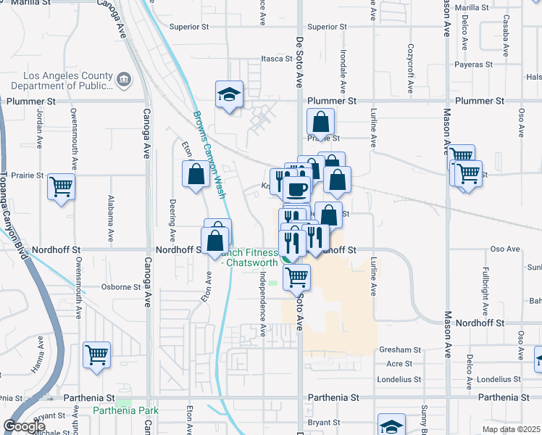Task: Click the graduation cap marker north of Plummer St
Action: pyautogui.click(x=229, y=94)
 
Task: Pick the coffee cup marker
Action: pyautogui.click(x=296, y=190)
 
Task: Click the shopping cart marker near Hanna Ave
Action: pyautogui.click(x=96, y=355)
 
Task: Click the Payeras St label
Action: pyautogui.click(x=475, y=64)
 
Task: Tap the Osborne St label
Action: pyautogui.click(x=121, y=287)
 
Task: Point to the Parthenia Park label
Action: pyautogui.click(x=126, y=410)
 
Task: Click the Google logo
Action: pyautogui.click(x=25, y=426)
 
